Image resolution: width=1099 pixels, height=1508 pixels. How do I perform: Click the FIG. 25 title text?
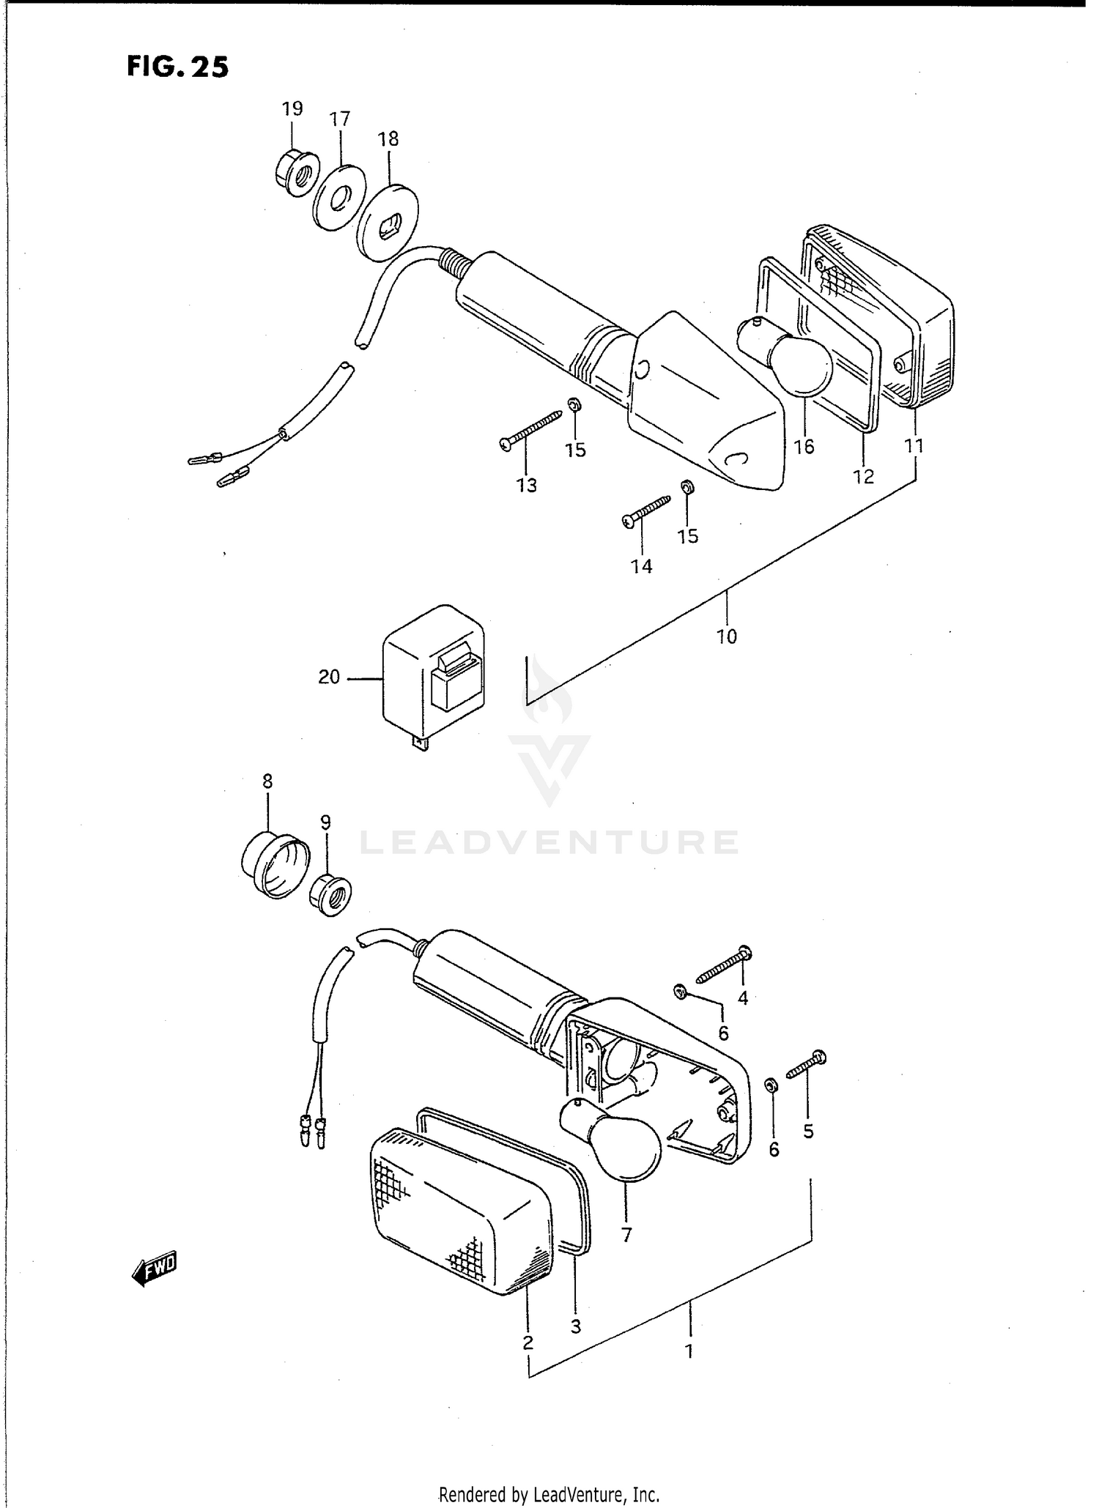coord(177,67)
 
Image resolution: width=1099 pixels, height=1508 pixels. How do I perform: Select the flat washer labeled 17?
coord(338,199)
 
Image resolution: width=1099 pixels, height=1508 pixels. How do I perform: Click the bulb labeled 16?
coord(799,359)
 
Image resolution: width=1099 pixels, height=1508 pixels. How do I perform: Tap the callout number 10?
coord(726,636)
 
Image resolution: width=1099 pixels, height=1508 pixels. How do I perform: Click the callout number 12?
coord(863,476)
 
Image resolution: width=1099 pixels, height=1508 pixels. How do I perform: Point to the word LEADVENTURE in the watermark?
coord(549,842)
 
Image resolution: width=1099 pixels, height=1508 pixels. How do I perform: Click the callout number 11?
coord(914,445)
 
